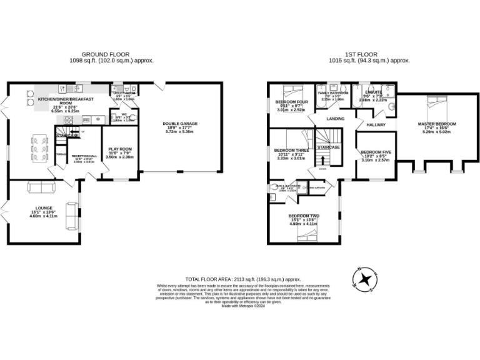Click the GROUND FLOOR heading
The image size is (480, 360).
click(x=111, y=55)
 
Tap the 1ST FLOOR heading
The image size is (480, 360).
click(x=369, y=55)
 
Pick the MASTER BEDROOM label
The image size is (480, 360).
click(x=437, y=124)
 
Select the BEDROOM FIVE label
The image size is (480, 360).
click(x=375, y=152)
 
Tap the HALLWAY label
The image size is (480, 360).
click(x=376, y=125)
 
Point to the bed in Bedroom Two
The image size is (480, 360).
click(x=302, y=234)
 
